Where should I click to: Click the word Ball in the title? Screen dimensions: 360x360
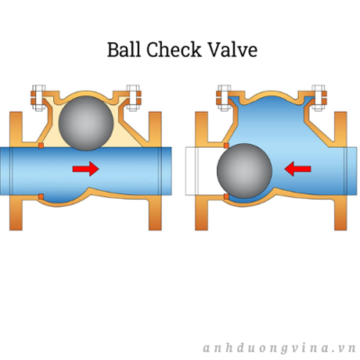pyautogui.click(x=124, y=49)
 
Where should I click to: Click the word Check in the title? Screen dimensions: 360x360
pyautogui.click(x=174, y=49)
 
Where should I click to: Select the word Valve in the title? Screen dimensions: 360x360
pyautogui.click(x=232, y=49)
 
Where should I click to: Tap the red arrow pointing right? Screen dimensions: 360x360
pyautogui.click(x=85, y=169)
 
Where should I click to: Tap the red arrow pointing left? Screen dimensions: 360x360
pyautogui.click(x=298, y=169)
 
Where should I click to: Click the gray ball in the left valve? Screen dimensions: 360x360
pyautogui.click(x=86, y=123)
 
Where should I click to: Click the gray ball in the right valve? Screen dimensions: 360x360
pyautogui.click(x=245, y=171)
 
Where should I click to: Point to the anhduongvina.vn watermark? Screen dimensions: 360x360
pyautogui.click(x=279, y=348)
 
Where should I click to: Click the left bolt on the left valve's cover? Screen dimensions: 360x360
pyautogui.click(x=39, y=98)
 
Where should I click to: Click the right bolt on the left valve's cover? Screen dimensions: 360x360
pyautogui.click(x=133, y=98)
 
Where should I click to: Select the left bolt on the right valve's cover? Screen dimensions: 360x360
pyautogui.click(x=224, y=98)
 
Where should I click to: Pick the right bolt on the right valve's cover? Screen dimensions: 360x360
pyautogui.click(x=319, y=98)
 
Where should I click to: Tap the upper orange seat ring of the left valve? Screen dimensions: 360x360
pyautogui.click(x=41, y=146)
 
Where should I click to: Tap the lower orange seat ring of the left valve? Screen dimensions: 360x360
pyautogui.click(x=41, y=197)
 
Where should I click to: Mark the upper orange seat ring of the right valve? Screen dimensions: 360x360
pyautogui.click(x=227, y=146)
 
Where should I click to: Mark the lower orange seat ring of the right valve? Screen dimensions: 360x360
pyautogui.click(x=227, y=197)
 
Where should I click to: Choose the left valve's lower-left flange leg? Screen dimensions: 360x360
pyautogui.click(x=16, y=213)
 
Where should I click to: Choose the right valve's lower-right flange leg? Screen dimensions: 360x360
pyautogui.click(x=341, y=213)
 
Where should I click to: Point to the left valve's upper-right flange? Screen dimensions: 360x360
pyautogui.click(x=155, y=129)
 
